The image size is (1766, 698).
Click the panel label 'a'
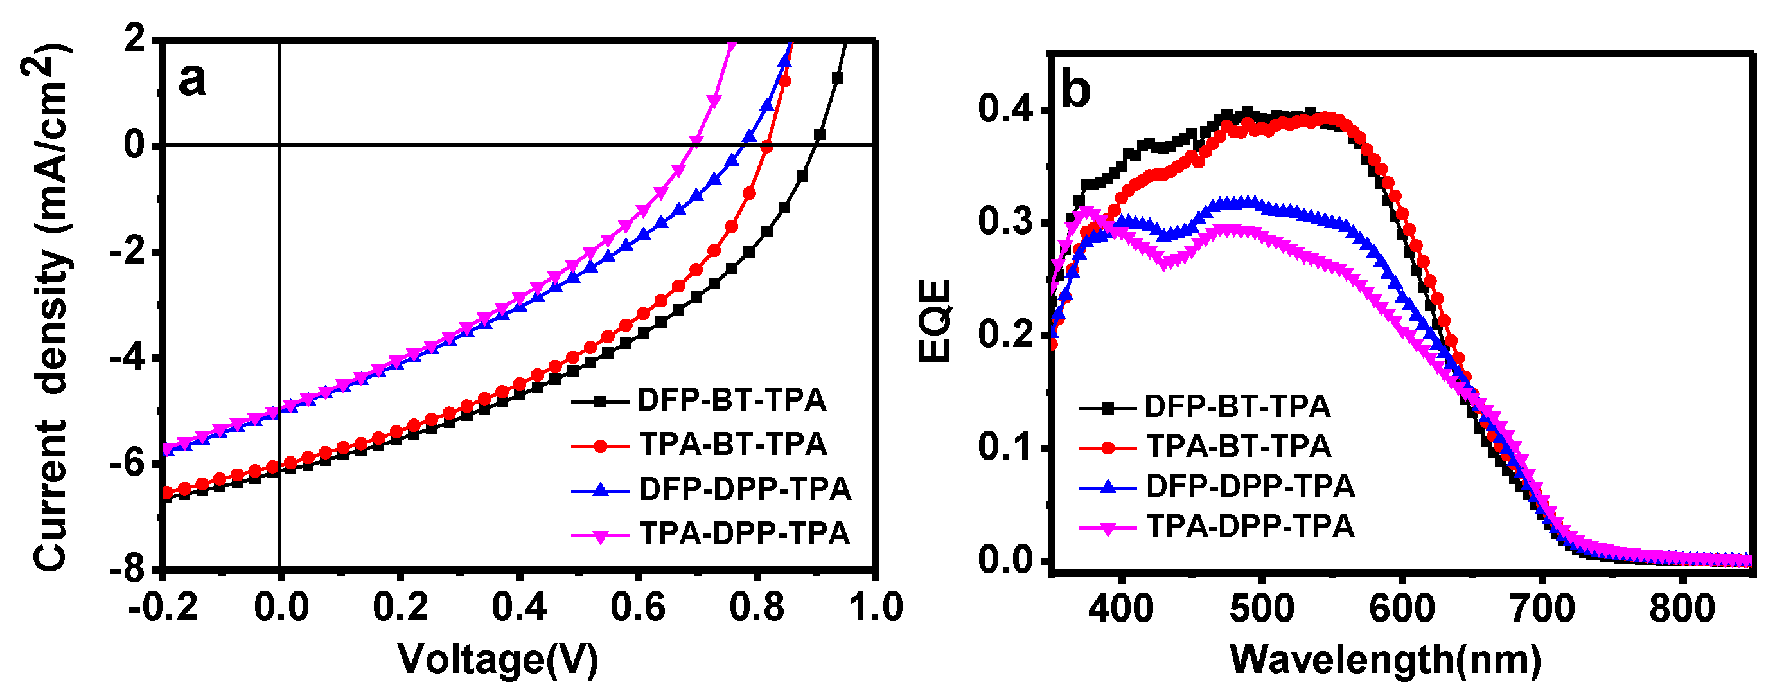191,80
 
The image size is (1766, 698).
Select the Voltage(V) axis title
499,659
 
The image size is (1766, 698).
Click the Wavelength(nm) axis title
1386,659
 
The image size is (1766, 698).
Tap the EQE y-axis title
935,320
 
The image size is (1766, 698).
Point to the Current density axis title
51,307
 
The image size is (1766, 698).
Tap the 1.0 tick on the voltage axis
876,607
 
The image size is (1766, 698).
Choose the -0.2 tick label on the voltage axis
163,607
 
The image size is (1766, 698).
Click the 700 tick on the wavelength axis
1542,607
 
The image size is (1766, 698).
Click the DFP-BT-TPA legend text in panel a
732,400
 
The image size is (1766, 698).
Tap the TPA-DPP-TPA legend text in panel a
745,533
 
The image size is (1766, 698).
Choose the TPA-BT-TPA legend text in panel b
1239,446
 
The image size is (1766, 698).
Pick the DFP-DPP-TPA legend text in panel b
1250,486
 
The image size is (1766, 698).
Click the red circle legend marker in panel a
601,445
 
